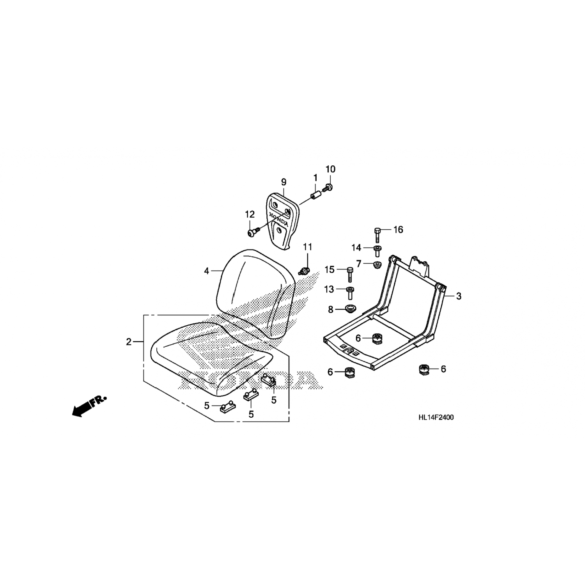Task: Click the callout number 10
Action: pos(330,169)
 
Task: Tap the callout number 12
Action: pos(250,214)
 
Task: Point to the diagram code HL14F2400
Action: pos(436,417)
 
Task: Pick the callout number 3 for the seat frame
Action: pos(459,296)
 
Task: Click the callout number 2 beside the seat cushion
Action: pos(129,342)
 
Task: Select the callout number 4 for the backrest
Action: pos(207,271)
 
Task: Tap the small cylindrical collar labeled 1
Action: pos(316,194)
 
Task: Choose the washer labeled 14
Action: pos(377,250)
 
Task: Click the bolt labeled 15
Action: pos(350,274)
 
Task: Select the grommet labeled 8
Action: pos(350,309)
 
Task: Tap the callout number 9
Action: pos(284,182)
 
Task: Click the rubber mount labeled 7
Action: pos(377,265)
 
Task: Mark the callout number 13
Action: pos(329,289)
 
